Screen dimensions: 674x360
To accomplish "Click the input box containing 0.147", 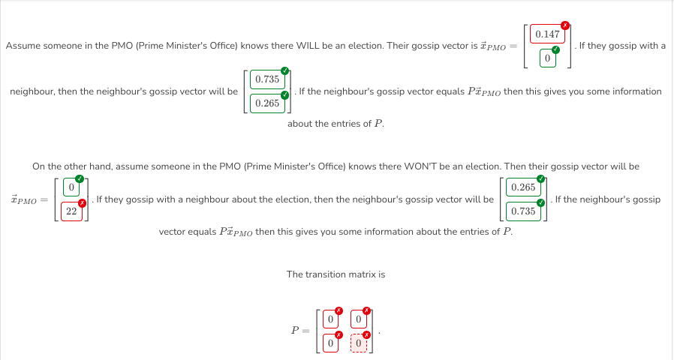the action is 547,34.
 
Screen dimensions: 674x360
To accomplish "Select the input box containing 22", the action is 72,211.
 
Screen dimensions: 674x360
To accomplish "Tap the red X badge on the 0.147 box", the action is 564,24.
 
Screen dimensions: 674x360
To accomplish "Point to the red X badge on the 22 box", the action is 83,202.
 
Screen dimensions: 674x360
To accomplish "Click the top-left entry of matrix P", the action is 329,319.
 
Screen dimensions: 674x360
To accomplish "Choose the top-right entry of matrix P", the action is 359,319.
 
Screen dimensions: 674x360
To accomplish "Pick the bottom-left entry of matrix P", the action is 329,343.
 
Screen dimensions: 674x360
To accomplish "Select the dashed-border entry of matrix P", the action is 359,343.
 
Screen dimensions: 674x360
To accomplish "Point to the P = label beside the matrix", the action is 298,331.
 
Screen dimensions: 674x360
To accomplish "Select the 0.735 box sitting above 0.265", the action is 267,79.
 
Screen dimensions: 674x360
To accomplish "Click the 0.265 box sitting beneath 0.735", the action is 267,103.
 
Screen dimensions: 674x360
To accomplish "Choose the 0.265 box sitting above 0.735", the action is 522,187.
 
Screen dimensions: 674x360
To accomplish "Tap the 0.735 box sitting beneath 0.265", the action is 522,211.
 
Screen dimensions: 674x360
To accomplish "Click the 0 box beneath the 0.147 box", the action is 547,58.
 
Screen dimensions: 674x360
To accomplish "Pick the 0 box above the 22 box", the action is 72,187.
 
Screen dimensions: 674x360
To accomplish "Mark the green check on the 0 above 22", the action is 83,178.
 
